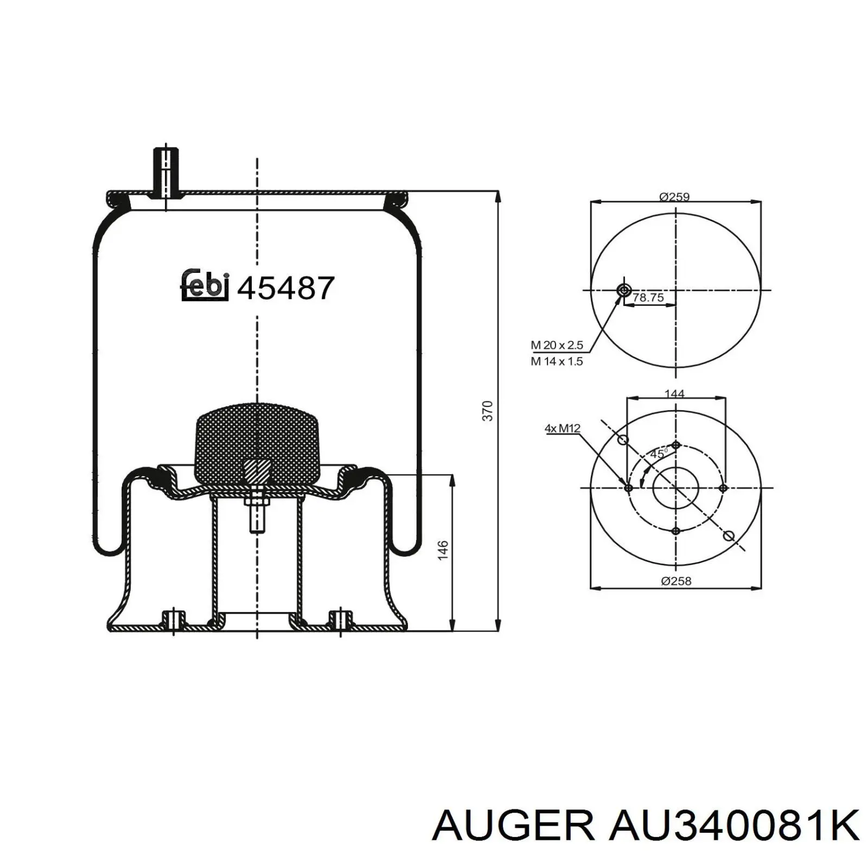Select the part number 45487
coord(286,288)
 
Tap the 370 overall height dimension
coord(488,411)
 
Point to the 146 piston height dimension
coord(443,550)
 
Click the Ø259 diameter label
coord(674,197)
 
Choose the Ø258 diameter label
coord(676,581)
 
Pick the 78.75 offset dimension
coord(648,297)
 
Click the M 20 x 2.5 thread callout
coord(557,345)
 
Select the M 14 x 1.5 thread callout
coord(557,361)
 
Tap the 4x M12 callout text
coord(563,429)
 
